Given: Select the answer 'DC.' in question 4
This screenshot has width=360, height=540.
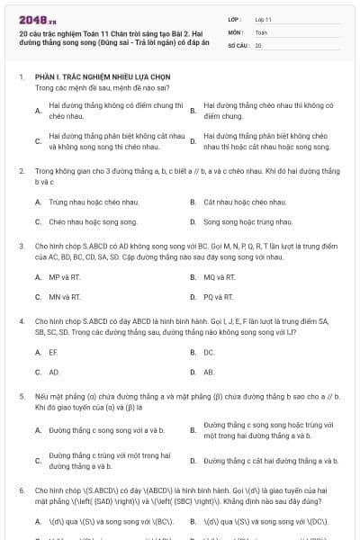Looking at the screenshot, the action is point(210,352).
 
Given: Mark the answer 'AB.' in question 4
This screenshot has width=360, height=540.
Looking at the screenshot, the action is point(210,371).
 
